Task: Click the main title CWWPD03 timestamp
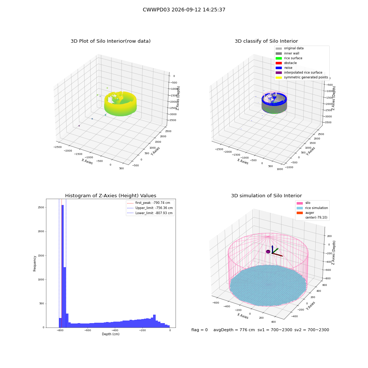[x=184, y=10]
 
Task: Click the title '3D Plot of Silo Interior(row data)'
[x=110, y=41]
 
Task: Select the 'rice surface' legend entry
[x=289, y=58]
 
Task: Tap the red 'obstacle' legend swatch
[x=279, y=63]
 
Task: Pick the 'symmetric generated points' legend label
[x=306, y=77]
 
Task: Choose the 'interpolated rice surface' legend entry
[x=299, y=72]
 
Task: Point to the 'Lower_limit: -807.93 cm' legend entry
[x=150, y=213]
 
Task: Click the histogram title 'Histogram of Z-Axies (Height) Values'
[x=110, y=196]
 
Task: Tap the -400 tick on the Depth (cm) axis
[x=115, y=330]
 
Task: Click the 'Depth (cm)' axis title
[x=110, y=334]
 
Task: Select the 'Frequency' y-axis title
[x=35, y=263]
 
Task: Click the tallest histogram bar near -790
[x=63, y=266]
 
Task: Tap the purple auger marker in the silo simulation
[x=268, y=252]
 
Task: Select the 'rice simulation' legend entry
[x=312, y=208]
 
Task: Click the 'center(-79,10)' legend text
[x=316, y=217]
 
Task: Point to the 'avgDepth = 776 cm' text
[x=234, y=330]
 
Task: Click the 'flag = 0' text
[x=199, y=330]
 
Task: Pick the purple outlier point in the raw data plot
[x=79, y=126]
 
